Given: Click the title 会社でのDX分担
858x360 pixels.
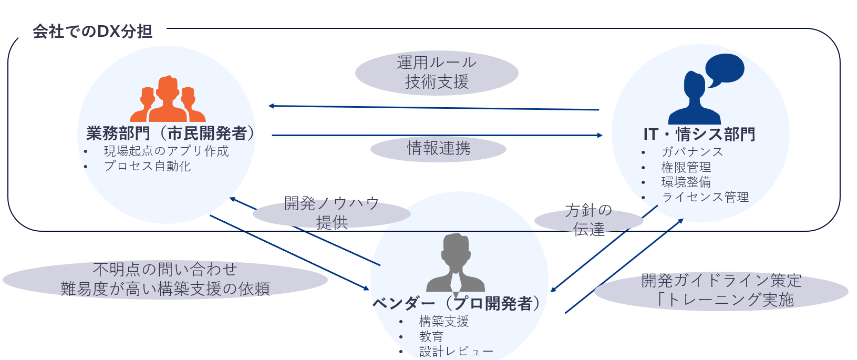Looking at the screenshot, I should tap(92, 32).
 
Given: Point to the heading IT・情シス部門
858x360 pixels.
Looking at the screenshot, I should tap(699, 135).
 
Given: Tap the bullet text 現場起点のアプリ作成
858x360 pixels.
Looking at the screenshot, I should tap(166, 151).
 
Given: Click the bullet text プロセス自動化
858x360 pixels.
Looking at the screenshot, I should tap(147, 167).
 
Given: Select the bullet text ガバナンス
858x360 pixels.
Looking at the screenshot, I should tap(692, 152).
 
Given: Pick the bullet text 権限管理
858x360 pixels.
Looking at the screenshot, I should tap(686, 168).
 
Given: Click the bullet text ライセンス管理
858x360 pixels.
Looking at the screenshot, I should tap(705, 198).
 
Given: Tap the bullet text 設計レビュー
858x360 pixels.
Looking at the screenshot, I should tap(456, 352).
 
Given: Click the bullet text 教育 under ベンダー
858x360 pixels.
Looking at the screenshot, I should tap(431, 336).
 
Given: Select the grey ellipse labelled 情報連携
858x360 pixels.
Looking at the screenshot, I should tap(438, 149).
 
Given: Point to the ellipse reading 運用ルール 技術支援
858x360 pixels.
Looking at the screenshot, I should tap(437, 73).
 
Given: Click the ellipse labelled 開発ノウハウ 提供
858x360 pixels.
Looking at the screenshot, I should tap(332, 213).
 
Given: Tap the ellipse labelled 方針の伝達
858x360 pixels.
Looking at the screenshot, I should tap(588, 220).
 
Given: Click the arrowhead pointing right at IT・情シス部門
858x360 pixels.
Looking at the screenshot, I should tap(599, 136).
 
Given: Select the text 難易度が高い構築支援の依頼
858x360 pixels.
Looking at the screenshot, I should tap(165, 289).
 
